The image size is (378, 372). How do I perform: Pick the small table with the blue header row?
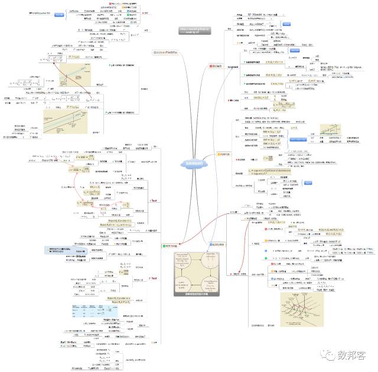tap(82, 312)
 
